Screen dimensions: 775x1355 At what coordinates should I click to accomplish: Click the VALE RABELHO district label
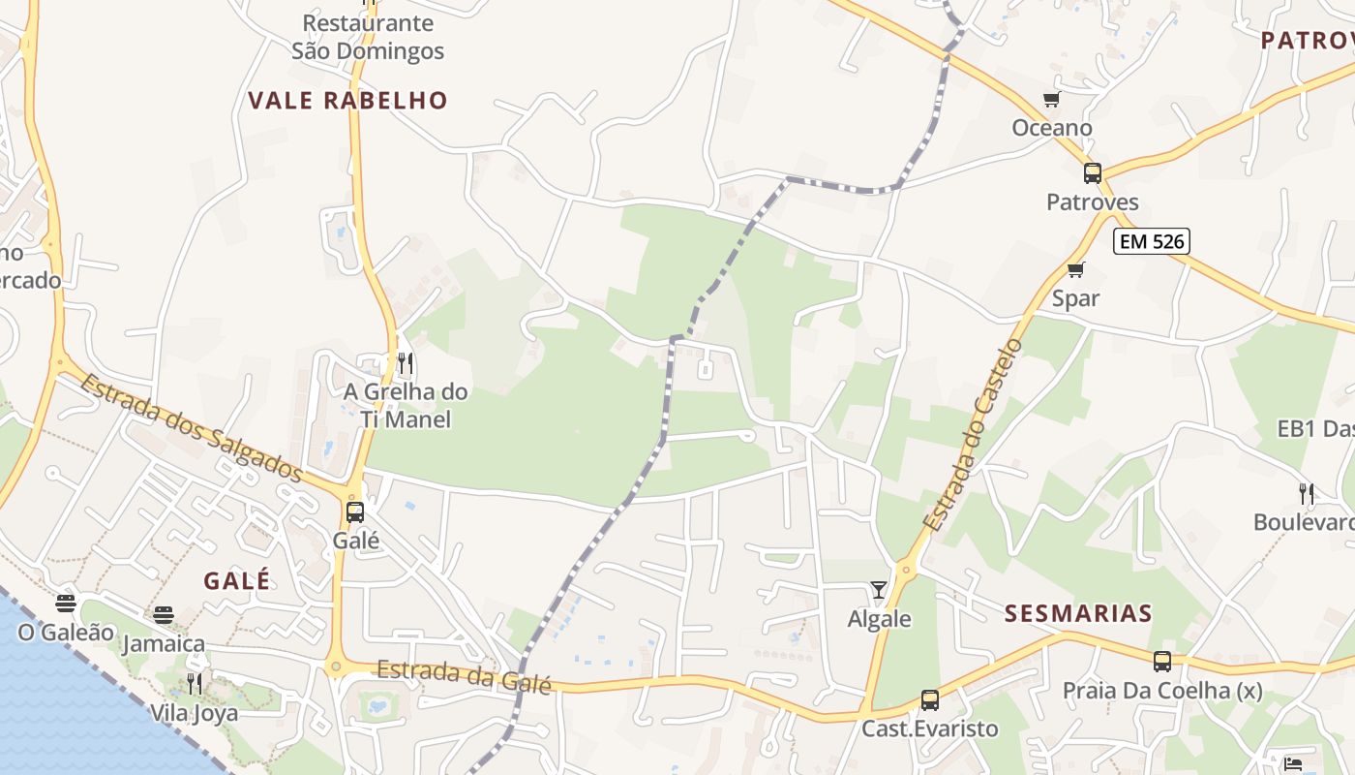click(x=347, y=101)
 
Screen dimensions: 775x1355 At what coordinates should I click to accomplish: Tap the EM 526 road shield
click(x=1151, y=241)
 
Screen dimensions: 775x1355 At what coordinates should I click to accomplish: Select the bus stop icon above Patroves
click(x=1093, y=173)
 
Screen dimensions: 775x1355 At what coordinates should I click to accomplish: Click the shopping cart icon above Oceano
click(x=1052, y=99)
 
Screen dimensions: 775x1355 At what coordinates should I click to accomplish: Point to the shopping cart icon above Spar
click(x=1075, y=269)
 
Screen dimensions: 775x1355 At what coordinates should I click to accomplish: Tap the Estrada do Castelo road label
click(x=973, y=435)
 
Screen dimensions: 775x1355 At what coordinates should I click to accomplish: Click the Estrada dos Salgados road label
click(x=192, y=426)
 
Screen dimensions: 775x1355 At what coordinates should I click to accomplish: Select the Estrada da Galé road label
click(x=464, y=675)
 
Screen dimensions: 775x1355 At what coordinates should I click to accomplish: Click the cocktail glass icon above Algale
click(x=879, y=589)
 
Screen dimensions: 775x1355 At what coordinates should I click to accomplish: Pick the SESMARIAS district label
click(x=1078, y=613)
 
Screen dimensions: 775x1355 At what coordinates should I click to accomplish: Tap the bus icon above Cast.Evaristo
click(x=930, y=699)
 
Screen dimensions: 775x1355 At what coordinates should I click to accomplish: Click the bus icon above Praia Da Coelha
click(x=1162, y=662)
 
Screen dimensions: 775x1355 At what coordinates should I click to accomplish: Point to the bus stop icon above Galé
click(x=355, y=511)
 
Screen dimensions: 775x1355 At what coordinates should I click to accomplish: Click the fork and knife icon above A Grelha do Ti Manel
click(x=406, y=363)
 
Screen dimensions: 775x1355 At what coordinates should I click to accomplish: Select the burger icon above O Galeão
click(x=66, y=604)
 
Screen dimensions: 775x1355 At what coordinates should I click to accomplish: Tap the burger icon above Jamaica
click(x=164, y=614)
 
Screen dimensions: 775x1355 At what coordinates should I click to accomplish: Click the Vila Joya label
click(x=194, y=713)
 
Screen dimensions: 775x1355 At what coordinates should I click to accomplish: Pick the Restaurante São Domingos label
click(x=368, y=37)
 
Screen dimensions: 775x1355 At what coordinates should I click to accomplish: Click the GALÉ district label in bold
click(x=237, y=581)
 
